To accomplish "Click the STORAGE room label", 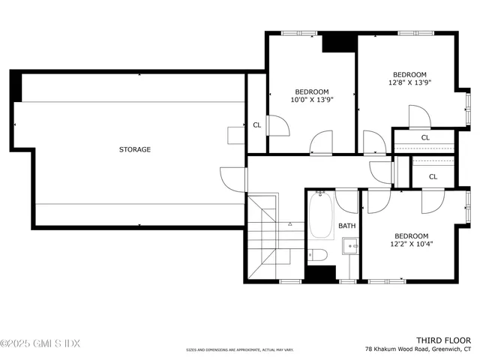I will pos(135,149).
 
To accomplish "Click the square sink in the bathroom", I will pos(349,247).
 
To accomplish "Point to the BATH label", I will pos(346,225).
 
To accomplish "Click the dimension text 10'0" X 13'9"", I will pos(311,99).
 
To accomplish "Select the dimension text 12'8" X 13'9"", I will pos(410,82).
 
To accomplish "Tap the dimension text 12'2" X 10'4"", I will pos(411,243).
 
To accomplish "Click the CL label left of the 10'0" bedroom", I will pos(256,125).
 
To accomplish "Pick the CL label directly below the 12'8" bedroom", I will pos(425,137).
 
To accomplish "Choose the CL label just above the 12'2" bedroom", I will pos(433,176).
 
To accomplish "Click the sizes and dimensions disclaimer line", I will pos(240,350).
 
